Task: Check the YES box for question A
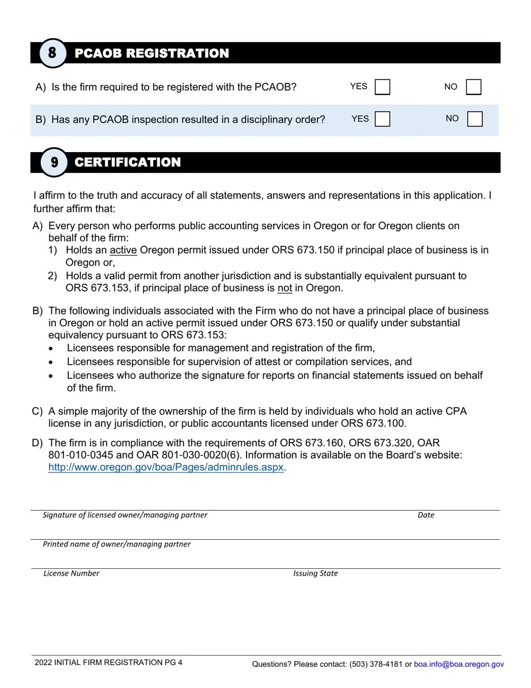pos(382,87)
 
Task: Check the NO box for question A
pos(473,87)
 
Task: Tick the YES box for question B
pos(382,119)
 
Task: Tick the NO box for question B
pos(475,119)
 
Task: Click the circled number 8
pos(53,53)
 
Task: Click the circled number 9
pos(54,162)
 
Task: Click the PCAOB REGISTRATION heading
pos(151,53)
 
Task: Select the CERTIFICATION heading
pos(127,162)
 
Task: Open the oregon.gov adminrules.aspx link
pos(166,467)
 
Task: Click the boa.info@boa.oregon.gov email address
pos(459,665)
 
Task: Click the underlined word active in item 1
pos(123,250)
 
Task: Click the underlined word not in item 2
pos(285,288)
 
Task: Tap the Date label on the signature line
pos(425,515)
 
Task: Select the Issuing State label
pos(315,573)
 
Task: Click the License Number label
pos(72,573)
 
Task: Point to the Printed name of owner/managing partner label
pos(116,544)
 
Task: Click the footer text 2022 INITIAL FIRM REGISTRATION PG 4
pos(108,663)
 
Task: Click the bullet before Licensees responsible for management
pos(51,348)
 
